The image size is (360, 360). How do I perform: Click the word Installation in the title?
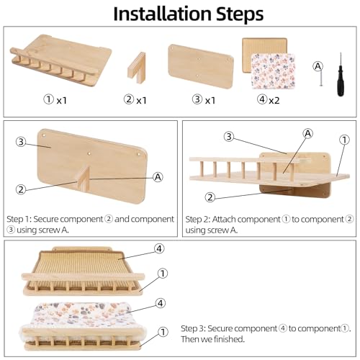[162, 14]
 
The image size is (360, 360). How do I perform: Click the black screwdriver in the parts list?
[341, 74]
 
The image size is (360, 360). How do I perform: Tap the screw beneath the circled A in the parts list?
[320, 78]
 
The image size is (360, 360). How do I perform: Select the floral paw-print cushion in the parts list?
[273, 71]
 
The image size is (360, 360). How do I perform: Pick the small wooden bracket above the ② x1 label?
[137, 68]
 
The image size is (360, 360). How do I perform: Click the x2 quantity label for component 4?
[274, 101]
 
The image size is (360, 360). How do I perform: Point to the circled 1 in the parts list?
[48, 99]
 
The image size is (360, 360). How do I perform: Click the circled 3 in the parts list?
[197, 99]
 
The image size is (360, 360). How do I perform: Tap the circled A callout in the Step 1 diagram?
[158, 177]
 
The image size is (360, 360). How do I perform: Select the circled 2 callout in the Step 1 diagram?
[21, 189]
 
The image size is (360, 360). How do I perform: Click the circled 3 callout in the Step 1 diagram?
[21, 142]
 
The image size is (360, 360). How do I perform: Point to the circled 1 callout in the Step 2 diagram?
[344, 140]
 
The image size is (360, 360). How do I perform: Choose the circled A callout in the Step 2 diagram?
[308, 133]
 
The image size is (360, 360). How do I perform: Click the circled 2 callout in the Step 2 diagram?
[210, 197]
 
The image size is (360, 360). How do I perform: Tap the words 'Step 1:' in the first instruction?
[19, 220]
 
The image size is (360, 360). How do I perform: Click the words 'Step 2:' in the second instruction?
[198, 220]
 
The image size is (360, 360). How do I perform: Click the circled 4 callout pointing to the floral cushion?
[161, 303]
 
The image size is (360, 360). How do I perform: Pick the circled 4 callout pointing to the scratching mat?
[159, 249]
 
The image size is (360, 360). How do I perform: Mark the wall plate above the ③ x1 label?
[201, 66]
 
